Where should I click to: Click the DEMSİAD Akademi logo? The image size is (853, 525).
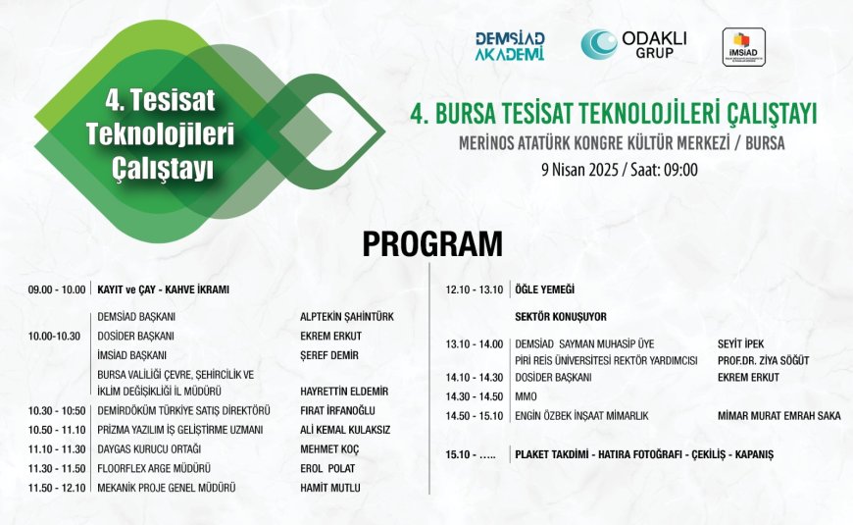coord(510,46)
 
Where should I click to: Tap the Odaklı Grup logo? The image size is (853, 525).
coord(633,44)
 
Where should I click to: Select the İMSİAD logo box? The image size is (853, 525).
coord(743,47)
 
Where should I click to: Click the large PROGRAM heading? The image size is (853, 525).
coord(432,244)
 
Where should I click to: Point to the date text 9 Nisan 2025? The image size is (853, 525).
coord(579,170)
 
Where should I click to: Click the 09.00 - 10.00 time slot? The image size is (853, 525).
coord(57,289)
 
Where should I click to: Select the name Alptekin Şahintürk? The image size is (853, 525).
coord(347,316)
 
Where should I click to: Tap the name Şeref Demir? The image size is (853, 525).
coord(329,355)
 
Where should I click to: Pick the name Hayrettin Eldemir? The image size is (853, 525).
coord(344,391)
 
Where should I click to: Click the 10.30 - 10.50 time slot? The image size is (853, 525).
coord(57,410)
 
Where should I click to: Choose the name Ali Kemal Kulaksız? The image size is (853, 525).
coord(345,430)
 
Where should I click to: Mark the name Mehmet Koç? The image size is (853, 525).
coord(329,449)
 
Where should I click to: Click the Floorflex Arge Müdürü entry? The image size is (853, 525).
coord(154,468)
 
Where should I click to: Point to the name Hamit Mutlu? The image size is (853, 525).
coord(330,488)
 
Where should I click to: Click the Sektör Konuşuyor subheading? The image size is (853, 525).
coord(561,316)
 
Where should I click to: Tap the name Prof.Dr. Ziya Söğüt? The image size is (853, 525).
coord(763,360)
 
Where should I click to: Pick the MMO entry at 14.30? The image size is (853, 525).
coord(526,396)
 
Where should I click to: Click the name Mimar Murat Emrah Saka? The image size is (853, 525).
coord(779,416)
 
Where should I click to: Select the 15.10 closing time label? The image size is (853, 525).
coord(471,454)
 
